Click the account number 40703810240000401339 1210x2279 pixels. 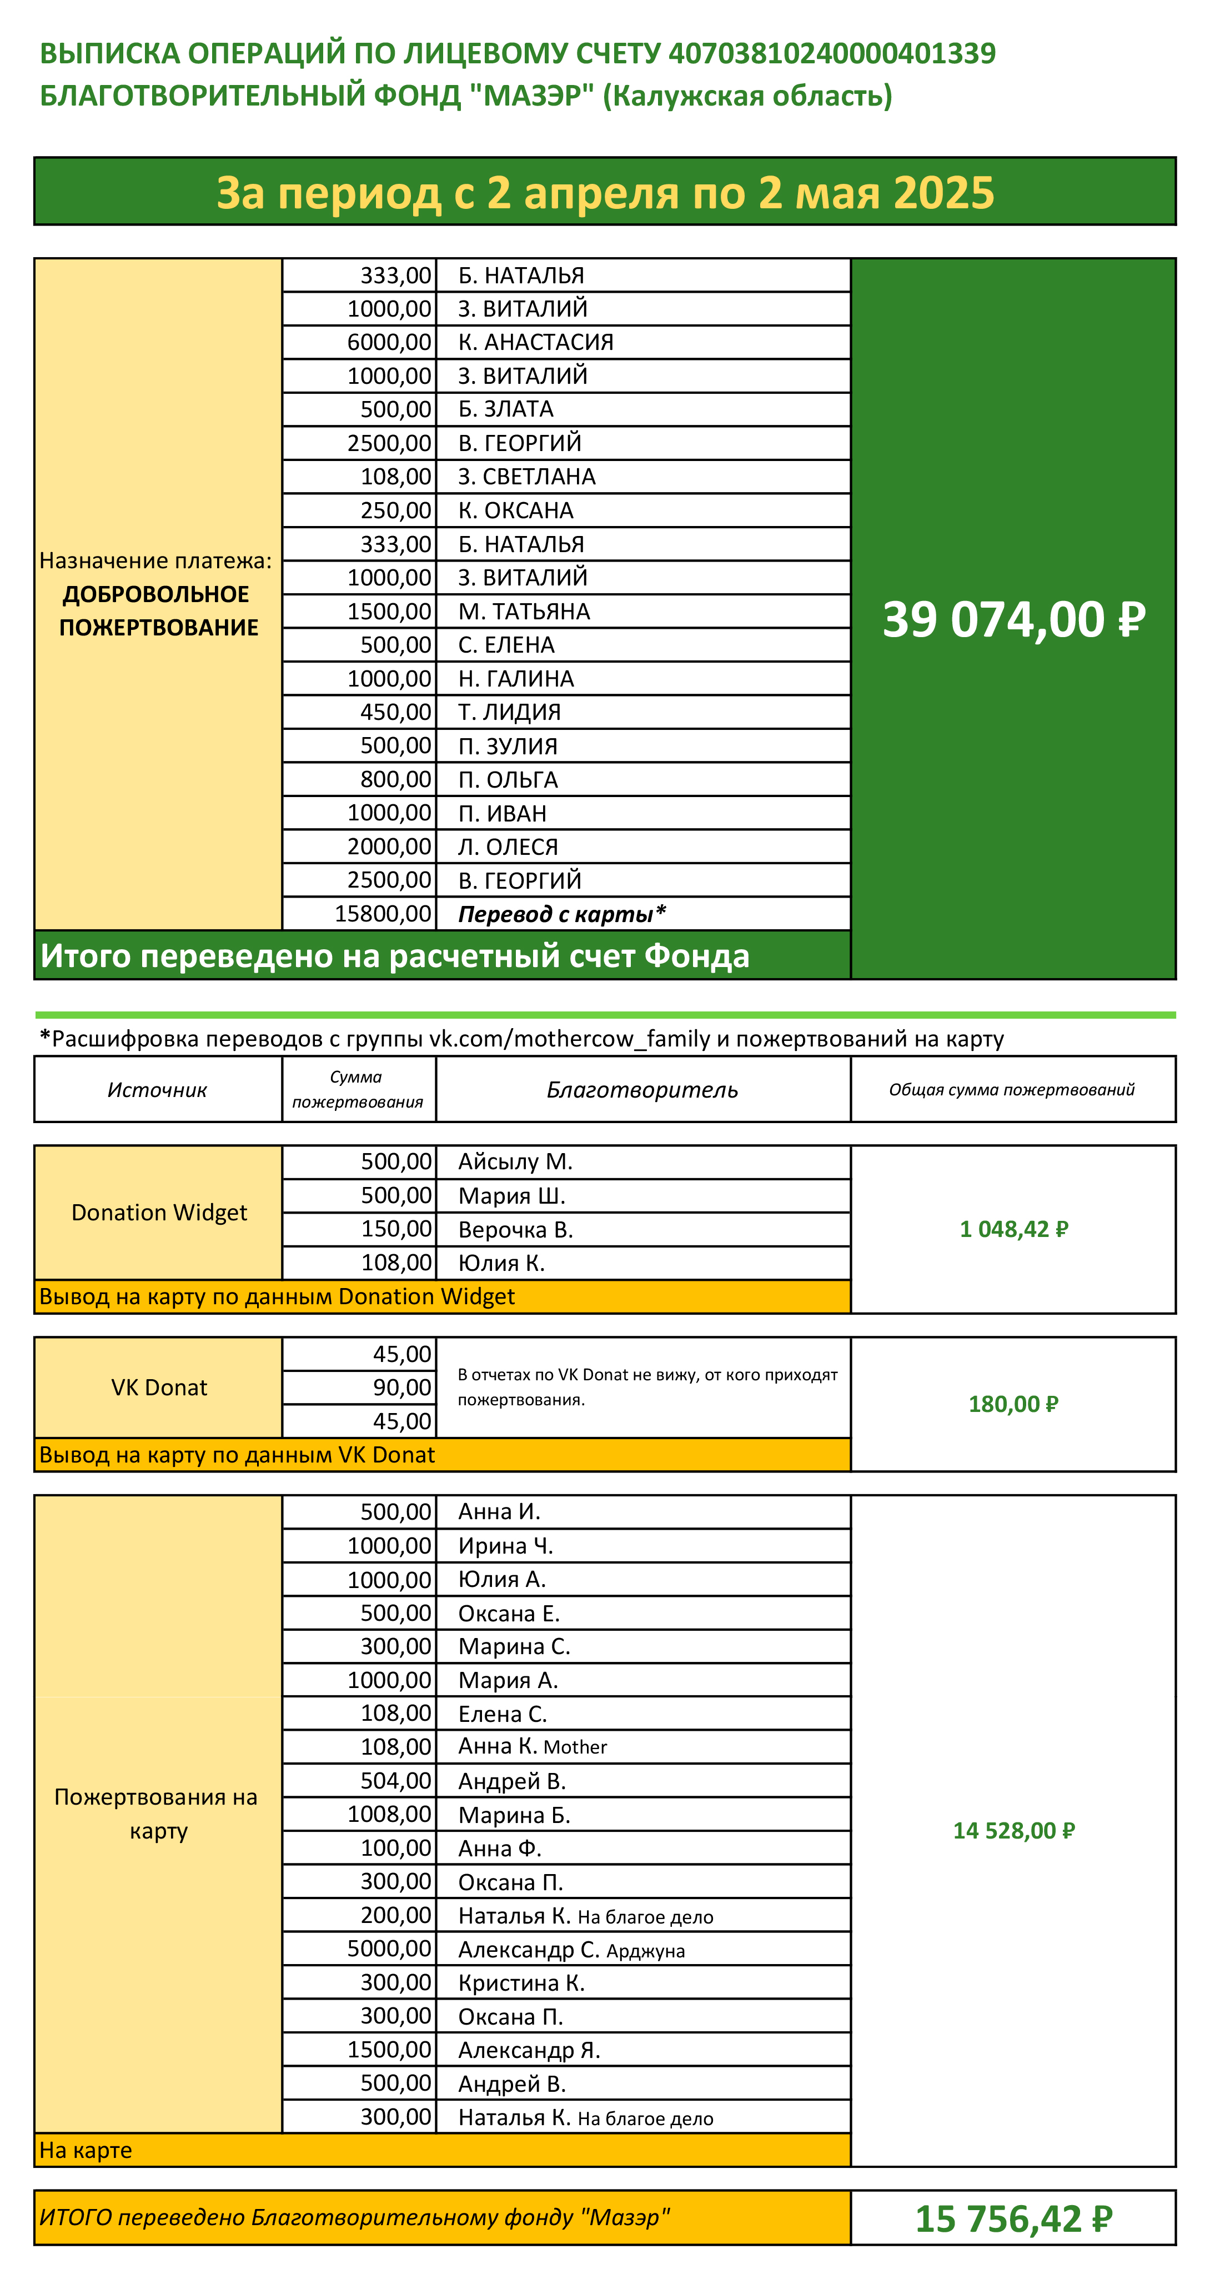[x=831, y=54]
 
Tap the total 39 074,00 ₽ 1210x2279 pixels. [x=1013, y=619]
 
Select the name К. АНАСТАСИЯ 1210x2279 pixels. [x=535, y=342]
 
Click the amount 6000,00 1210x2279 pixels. [x=389, y=342]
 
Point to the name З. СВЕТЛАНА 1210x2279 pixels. [x=526, y=477]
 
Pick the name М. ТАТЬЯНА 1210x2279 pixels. [x=524, y=612]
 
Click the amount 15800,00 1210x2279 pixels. [x=383, y=914]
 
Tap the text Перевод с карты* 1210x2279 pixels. [x=561, y=914]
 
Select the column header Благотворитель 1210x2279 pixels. [x=642, y=1090]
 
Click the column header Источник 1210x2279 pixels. [x=158, y=1090]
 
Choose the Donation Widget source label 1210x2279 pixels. [x=159, y=1212]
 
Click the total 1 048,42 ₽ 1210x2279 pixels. [x=1013, y=1229]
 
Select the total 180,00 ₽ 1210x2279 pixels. [x=1013, y=1404]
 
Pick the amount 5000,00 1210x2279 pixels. [x=389, y=1949]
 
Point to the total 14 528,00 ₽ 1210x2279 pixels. [x=1013, y=1830]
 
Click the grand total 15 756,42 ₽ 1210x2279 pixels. [x=1013, y=2219]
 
